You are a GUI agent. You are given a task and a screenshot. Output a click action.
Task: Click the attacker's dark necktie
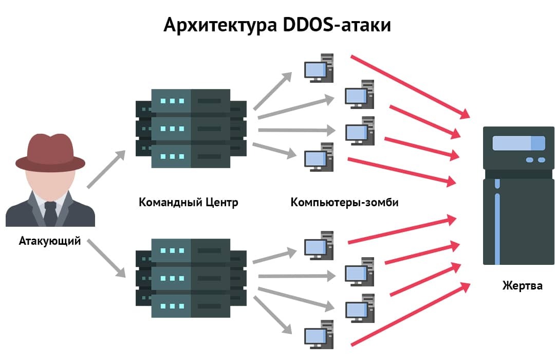coord(50,212)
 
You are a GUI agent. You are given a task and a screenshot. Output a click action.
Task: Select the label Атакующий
coord(50,241)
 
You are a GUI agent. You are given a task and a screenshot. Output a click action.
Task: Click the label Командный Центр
coord(189,202)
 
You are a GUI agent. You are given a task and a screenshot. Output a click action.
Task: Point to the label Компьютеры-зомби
coord(344,202)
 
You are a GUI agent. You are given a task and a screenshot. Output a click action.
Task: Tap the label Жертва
coord(522,286)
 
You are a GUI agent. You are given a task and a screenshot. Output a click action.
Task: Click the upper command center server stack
coord(191,128)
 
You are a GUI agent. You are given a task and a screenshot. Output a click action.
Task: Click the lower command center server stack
coord(191,278)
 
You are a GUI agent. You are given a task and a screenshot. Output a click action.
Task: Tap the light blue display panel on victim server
coord(518,143)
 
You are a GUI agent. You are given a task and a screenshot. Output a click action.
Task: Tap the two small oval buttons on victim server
coord(535,160)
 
